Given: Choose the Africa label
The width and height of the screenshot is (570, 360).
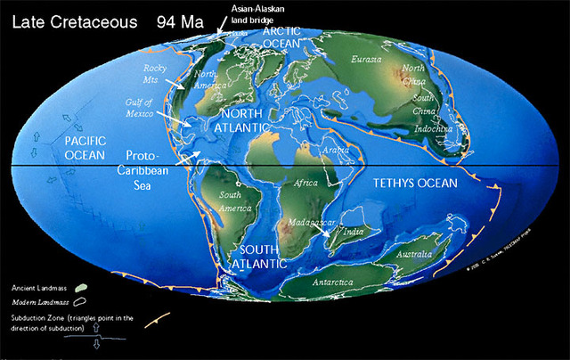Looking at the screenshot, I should (305, 184).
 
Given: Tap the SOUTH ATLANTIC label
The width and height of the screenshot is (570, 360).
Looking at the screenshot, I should (258, 257).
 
